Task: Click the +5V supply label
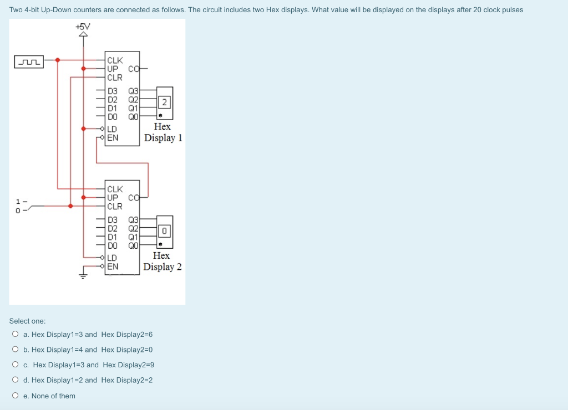coord(83,26)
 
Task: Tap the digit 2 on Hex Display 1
coord(164,102)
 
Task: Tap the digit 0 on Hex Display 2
coord(164,230)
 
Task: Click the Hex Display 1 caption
coord(163,132)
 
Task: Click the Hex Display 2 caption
coord(162,261)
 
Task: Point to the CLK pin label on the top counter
coord(115,60)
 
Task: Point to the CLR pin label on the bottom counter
coord(115,206)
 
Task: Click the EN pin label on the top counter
coord(113,137)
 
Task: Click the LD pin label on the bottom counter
coord(112,258)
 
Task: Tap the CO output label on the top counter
coord(133,69)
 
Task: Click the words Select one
coord(27,321)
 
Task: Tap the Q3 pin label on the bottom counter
coord(133,220)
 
